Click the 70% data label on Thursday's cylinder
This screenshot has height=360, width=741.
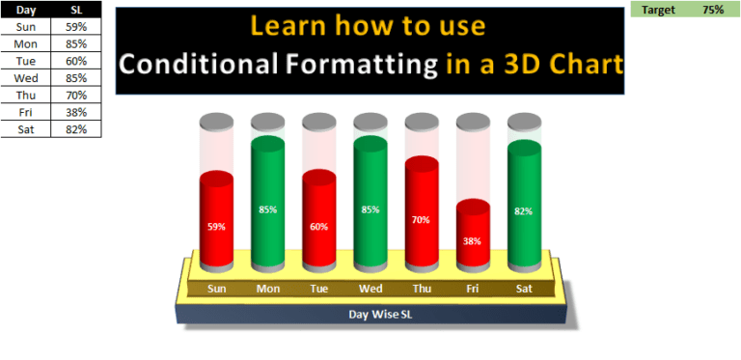pos(422,219)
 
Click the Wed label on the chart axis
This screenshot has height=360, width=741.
pos(370,289)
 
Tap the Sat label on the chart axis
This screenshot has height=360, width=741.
pos(525,289)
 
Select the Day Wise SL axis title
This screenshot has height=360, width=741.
pos(370,314)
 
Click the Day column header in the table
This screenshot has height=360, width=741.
pos(26,9)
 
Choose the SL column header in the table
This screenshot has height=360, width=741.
pos(77,9)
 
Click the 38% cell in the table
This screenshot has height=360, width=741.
pos(77,112)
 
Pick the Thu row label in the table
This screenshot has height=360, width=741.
pos(26,95)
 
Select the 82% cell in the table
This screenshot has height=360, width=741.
pos(77,128)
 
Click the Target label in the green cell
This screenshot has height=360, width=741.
pos(659,9)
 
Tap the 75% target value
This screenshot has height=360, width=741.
pos(713,9)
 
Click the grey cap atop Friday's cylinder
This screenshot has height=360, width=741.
pos(473,123)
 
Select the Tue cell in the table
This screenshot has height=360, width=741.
pos(26,60)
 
